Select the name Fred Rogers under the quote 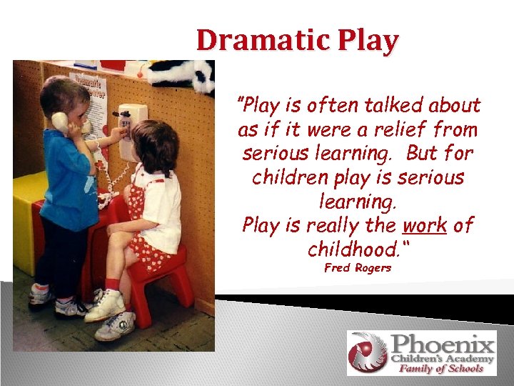[358, 268]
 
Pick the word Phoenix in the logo [443, 343]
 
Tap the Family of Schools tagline [441, 368]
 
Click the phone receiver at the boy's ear [61, 122]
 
